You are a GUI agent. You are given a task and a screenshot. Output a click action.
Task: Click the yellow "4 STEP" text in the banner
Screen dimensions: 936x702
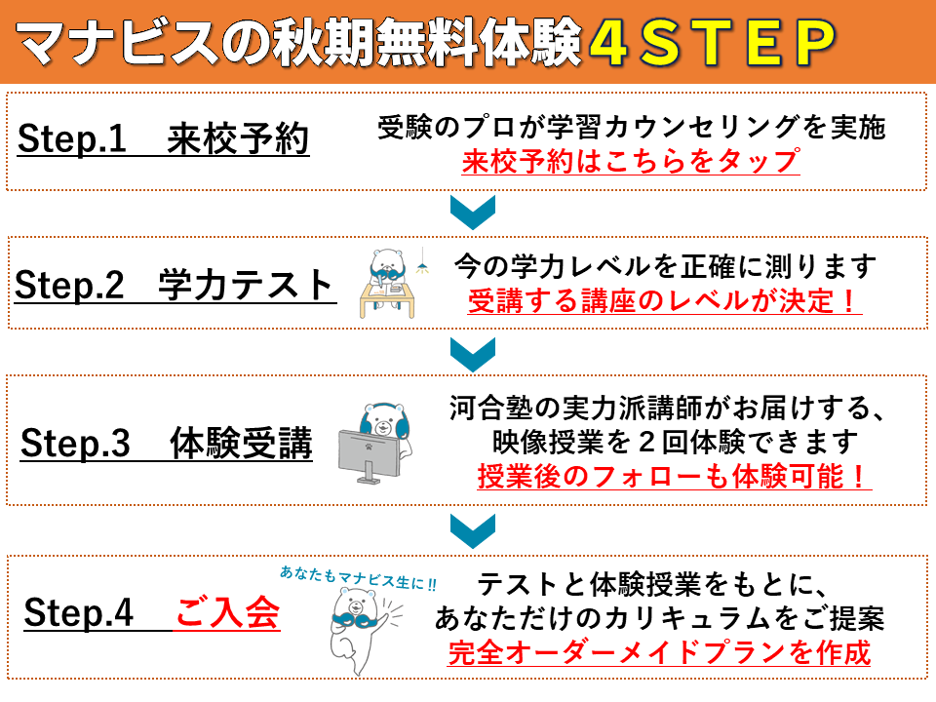pos(712,42)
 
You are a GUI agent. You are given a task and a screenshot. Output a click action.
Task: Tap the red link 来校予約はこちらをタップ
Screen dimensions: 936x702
pos(631,161)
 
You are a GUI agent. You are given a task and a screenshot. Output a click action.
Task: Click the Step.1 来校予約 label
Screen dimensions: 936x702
pos(163,139)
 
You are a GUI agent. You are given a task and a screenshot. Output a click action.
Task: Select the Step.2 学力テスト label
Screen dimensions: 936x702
pos(175,285)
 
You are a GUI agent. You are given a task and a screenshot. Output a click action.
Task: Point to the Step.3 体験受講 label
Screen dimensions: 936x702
pos(166,443)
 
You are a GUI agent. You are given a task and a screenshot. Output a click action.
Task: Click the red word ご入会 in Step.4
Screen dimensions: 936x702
pos(227,612)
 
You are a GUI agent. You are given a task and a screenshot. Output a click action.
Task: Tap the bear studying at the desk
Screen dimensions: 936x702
pos(387,283)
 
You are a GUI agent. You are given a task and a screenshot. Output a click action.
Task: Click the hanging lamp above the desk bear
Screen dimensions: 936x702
pos(422,261)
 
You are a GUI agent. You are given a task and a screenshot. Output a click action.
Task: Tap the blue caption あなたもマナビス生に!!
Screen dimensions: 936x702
pos(358,578)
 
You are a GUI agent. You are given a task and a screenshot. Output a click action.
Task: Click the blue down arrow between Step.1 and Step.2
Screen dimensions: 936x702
pos(472,212)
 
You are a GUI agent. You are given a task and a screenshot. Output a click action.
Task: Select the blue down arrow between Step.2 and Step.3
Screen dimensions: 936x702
pos(472,354)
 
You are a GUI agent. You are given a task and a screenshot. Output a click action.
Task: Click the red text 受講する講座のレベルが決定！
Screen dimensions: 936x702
pos(664,300)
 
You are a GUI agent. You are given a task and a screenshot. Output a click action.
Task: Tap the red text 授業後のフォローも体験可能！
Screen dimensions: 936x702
pos(674,477)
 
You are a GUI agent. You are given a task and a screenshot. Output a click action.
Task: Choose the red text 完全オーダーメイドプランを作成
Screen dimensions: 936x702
pos(660,652)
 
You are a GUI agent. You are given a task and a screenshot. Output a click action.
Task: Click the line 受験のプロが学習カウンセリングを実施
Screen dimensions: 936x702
pos(632,127)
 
